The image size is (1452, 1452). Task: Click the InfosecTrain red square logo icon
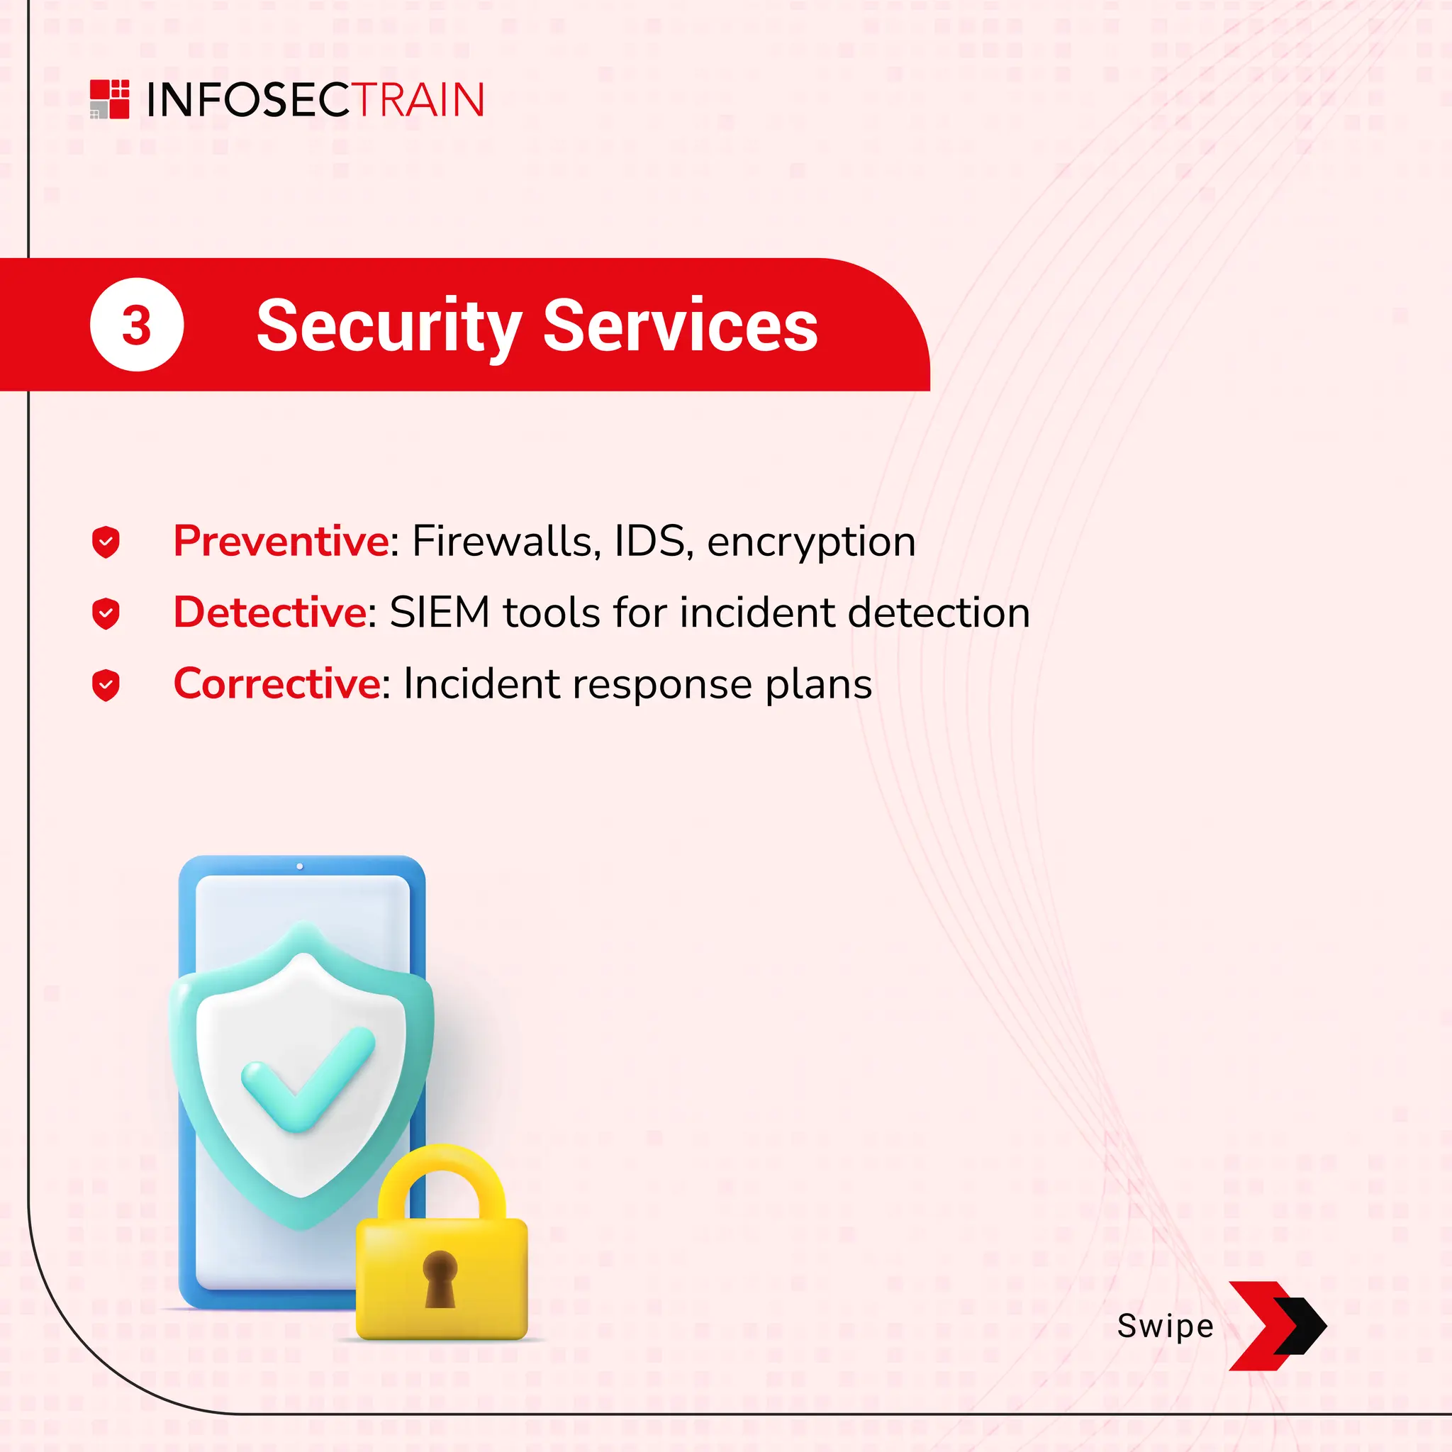pyautogui.click(x=109, y=99)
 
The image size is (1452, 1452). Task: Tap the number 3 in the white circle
pyautogui.click(x=136, y=325)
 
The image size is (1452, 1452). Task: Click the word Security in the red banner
pyautogui.click(x=389, y=326)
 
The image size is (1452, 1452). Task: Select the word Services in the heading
pyautogui.click(x=679, y=326)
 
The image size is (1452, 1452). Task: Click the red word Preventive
pyautogui.click(x=281, y=541)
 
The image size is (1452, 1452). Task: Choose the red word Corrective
pyautogui.click(x=277, y=683)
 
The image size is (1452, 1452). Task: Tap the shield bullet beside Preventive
pyautogui.click(x=106, y=542)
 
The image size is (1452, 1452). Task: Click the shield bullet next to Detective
pyautogui.click(x=106, y=613)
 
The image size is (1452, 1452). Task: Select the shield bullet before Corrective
pyautogui.click(x=106, y=685)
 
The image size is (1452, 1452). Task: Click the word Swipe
pyautogui.click(x=1165, y=1326)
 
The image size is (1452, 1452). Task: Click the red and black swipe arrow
pyautogui.click(x=1277, y=1326)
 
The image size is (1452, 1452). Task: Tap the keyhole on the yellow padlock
pyautogui.click(x=440, y=1278)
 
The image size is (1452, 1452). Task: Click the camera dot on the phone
pyautogui.click(x=300, y=866)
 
